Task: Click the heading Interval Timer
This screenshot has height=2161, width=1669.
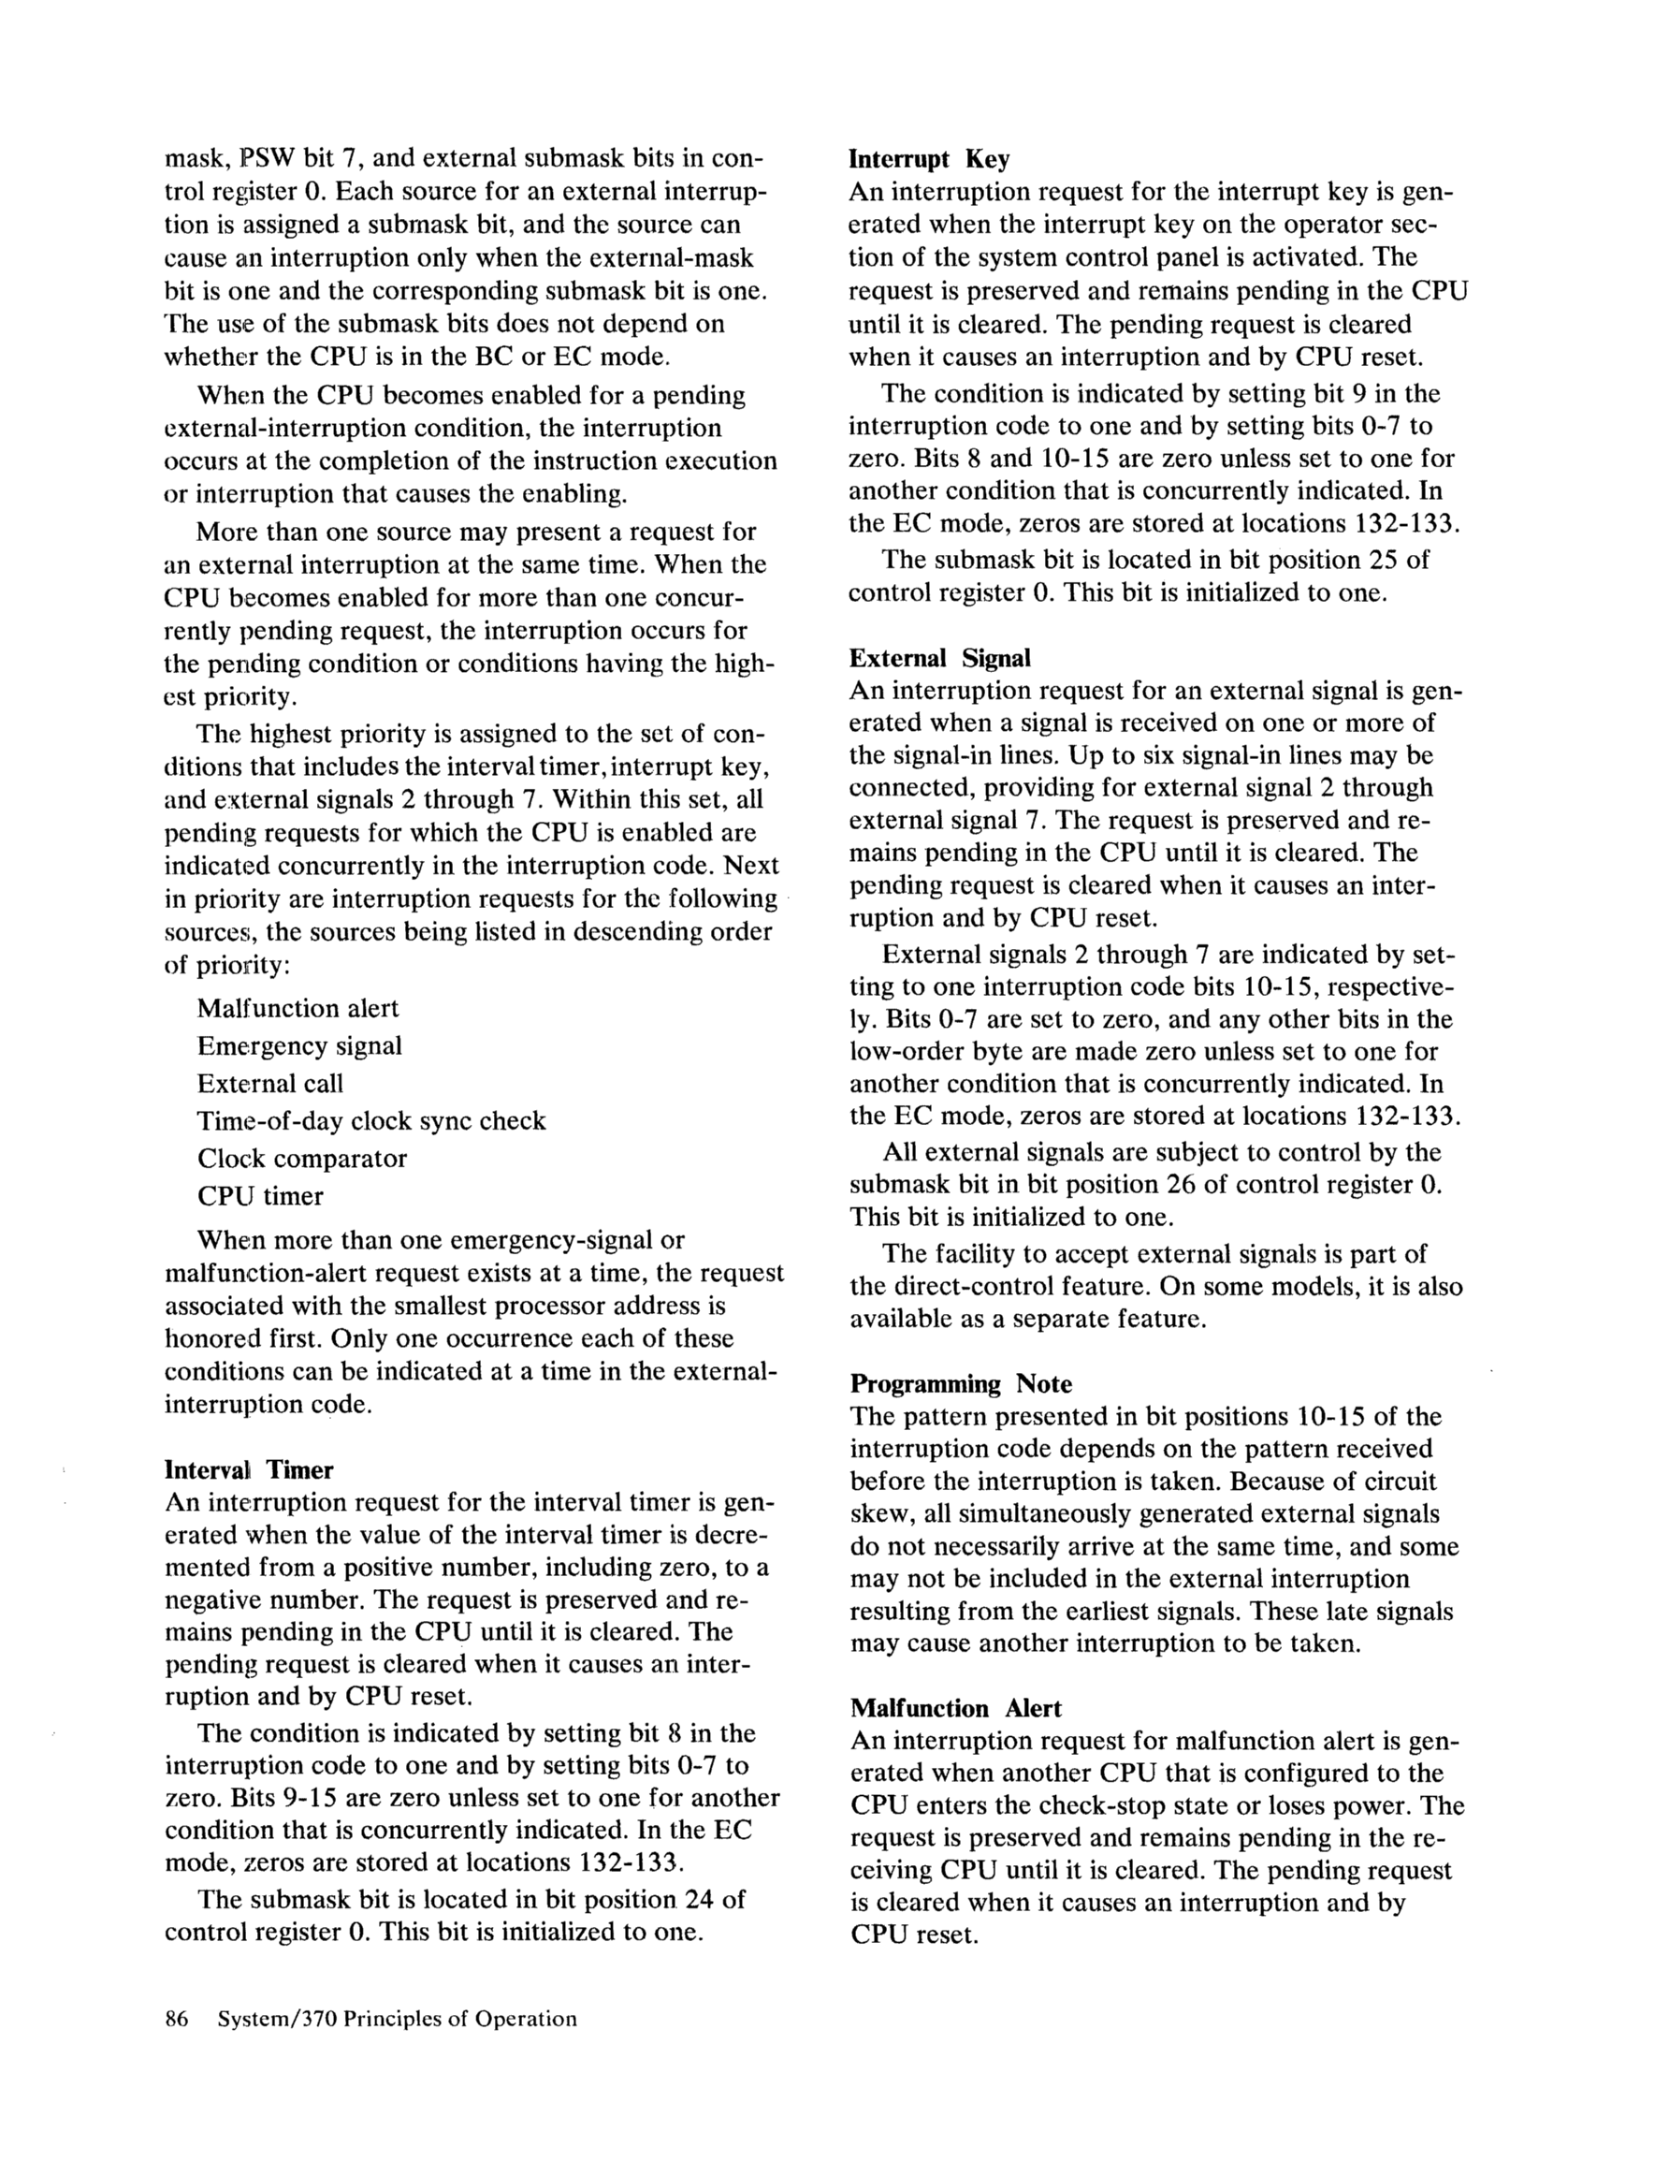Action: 248,1470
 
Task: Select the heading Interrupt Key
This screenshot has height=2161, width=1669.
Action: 929,159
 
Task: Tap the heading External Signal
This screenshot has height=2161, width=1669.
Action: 940,658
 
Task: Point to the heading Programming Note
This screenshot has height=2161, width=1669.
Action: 961,1384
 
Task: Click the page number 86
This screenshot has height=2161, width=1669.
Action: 176,2020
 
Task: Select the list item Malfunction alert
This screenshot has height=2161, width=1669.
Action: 297,1008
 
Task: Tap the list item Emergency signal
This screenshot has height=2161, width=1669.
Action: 298,1045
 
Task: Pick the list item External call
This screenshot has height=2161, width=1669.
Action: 269,1084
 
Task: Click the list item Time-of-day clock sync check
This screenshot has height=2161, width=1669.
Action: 371,1121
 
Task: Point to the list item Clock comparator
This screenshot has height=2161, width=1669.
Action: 302,1159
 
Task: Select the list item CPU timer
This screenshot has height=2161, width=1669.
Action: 260,1196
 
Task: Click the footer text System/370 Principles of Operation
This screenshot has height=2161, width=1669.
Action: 396,2020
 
